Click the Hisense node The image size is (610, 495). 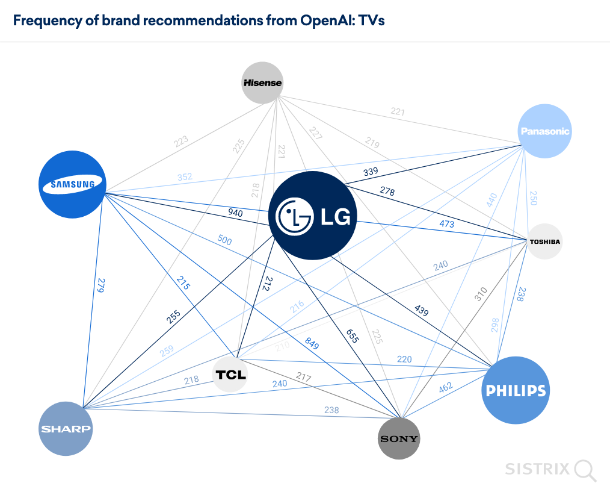[x=262, y=82]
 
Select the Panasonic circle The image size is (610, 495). [x=544, y=131]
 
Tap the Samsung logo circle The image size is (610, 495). [x=72, y=184]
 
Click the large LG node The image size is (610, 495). [x=313, y=216]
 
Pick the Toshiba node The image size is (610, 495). [x=545, y=241]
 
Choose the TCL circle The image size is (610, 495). [x=231, y=375]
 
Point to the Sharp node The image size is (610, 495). [x=66, y=429]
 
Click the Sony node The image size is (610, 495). [x=399, y=438]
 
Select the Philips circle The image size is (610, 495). [x=516, y=390]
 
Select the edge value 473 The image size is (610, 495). [x=446, y=224]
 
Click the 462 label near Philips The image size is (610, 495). [x=446, y=387]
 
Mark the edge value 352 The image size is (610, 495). [x=185, y=177]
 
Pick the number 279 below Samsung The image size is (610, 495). [x=101, y=285]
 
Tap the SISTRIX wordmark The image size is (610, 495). [x=537, y=469]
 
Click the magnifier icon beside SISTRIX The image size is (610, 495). [x=585, y=470]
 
